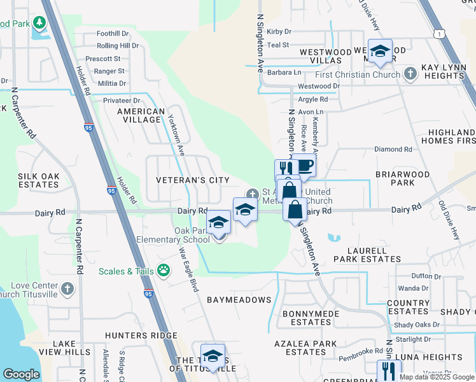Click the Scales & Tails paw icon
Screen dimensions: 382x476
[164, 271]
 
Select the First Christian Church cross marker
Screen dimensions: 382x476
[411, 74]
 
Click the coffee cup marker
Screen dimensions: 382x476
[304, 166]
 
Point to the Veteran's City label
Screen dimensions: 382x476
[193, 180]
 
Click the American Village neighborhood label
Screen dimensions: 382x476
[139, 115]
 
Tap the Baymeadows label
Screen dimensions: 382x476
[239, 299]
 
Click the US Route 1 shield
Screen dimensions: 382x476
[438, 33]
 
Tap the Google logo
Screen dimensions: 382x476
[21, 374]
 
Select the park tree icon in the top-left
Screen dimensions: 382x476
[39, 24]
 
